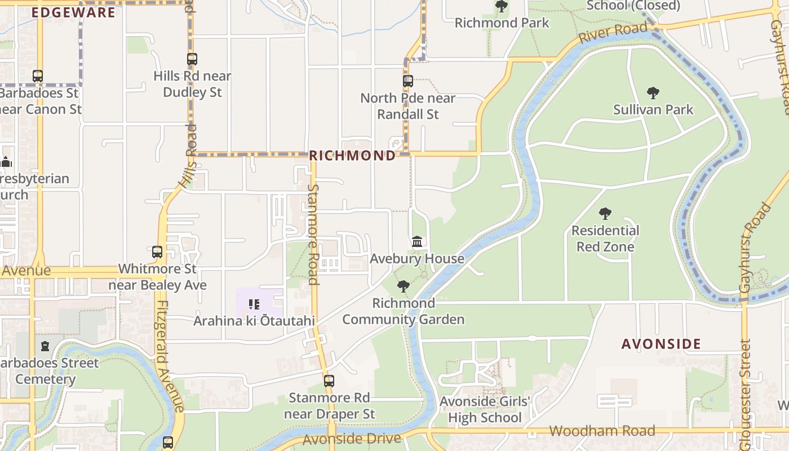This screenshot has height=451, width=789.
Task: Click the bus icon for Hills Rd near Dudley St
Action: click(192, 59)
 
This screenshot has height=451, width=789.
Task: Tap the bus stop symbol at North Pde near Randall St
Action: click(408, 81)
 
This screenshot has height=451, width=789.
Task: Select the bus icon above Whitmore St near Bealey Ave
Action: click(157, 252)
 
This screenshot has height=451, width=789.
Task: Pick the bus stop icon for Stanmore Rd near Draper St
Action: click(329, 381)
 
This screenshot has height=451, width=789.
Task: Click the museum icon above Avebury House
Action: click(417, 242)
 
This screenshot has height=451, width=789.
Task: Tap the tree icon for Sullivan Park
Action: click(653, 93)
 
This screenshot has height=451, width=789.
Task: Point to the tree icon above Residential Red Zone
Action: click(605, 214)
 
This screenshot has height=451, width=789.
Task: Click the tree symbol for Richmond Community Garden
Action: click(404, 286)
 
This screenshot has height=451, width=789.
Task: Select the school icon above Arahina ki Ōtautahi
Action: click(254, 304)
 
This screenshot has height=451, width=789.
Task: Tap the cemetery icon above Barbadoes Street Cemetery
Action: click(45, 346)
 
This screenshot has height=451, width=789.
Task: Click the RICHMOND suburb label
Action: click(353, 156)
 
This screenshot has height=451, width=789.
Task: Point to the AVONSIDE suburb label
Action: click(661, 344)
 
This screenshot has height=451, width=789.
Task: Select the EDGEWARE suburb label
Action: click(73, 12)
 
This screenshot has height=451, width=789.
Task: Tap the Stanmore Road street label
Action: click(313, 234)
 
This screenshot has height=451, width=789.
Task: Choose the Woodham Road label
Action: click(602, 431)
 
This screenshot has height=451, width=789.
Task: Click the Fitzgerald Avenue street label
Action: click(170, 356)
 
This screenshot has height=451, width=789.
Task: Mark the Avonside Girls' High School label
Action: click(485, 410)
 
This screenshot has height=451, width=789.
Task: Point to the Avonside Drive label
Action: click(352, 439)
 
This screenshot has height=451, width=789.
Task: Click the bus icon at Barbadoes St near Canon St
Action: click(38, 76)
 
